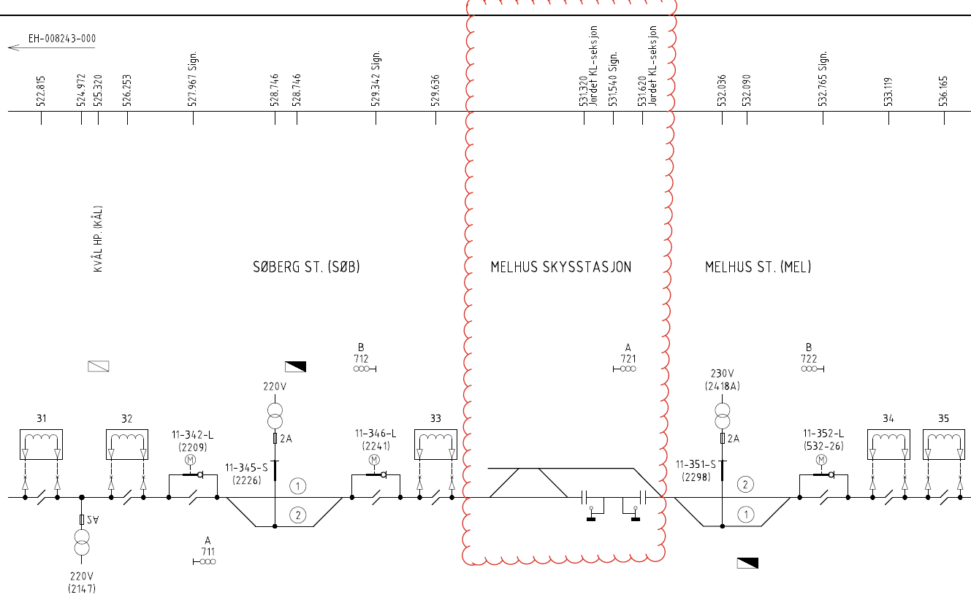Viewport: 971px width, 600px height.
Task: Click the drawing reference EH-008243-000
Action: (62, 39)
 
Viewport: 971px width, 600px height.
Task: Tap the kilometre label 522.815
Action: (41, 91)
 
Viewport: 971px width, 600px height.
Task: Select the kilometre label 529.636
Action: (435, 90)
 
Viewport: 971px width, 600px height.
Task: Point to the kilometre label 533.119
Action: (888, 91)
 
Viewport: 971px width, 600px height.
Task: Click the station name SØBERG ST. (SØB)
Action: (306, 267)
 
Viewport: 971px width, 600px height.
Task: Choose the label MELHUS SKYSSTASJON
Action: (561, 267)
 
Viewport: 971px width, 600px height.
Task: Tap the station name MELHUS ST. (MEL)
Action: (758, 267)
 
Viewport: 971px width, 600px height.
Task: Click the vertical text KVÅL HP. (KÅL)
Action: (98, 239)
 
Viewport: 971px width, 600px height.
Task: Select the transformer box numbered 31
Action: (41, 445)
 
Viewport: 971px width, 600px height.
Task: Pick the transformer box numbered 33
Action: (435, 445)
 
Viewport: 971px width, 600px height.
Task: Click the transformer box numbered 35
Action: (944, 445)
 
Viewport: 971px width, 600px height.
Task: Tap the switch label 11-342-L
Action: (192, 434)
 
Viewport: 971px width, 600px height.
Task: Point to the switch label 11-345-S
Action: (246, 468)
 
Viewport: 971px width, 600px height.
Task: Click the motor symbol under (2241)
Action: (375, 460)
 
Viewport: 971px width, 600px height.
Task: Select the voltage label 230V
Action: (722, 374)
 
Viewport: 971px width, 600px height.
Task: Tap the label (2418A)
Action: (722, 386)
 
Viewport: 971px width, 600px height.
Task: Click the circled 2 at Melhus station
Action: (745, 485)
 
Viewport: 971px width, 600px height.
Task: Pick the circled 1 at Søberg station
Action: (298, 486)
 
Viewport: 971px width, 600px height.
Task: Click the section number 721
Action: (628, 358)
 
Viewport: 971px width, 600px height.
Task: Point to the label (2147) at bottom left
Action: (82, 589)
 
